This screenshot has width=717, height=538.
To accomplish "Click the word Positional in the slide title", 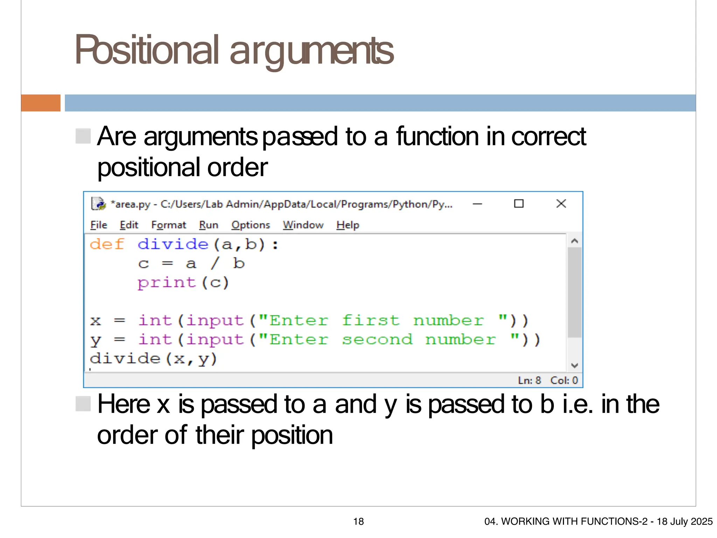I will (x=147, y=51).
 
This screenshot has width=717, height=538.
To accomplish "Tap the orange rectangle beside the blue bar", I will (x=41, y=103).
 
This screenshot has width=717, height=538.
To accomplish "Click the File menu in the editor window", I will (x=98, y=225).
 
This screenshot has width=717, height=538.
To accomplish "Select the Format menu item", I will (x=168, y=225).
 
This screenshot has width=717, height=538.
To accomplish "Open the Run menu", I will (x=208, y=225).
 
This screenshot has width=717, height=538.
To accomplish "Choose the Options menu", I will (x=250, y=225).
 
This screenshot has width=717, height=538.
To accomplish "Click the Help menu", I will (x=348, y=225).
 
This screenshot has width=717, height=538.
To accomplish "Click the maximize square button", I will (x=518, y=204).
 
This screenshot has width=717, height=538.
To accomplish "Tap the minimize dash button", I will (x=477, y=204).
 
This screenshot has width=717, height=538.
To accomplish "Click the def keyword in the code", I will (x=107, y=244).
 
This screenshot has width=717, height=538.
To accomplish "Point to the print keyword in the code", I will (x=166, y=283).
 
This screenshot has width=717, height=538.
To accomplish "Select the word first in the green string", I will (x=370, y=320).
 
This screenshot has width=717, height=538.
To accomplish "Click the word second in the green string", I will (x=377, y=339).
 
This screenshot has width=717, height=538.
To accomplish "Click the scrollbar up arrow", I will (x=574, y=241).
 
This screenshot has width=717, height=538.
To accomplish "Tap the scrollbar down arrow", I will (x=574, y=366).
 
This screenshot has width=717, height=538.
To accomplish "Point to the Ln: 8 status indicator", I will (x=529, y=380).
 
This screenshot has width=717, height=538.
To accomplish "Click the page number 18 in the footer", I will (x=358, y=522).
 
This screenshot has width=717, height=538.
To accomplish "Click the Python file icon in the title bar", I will (x=98, y=204).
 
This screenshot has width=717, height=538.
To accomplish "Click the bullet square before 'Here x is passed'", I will (x=83, y=404).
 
